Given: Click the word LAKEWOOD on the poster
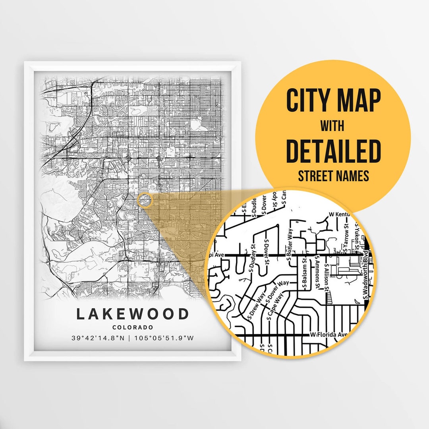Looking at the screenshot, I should [x=133, y=314].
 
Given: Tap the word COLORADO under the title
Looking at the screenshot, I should [x=133, y=327].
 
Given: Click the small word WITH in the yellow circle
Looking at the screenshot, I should [x=333, y=126].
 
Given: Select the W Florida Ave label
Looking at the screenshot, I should [x=329, y=335].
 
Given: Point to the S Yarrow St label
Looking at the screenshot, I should [x=346, y=240].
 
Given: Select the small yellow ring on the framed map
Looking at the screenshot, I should [x=145, y=200].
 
